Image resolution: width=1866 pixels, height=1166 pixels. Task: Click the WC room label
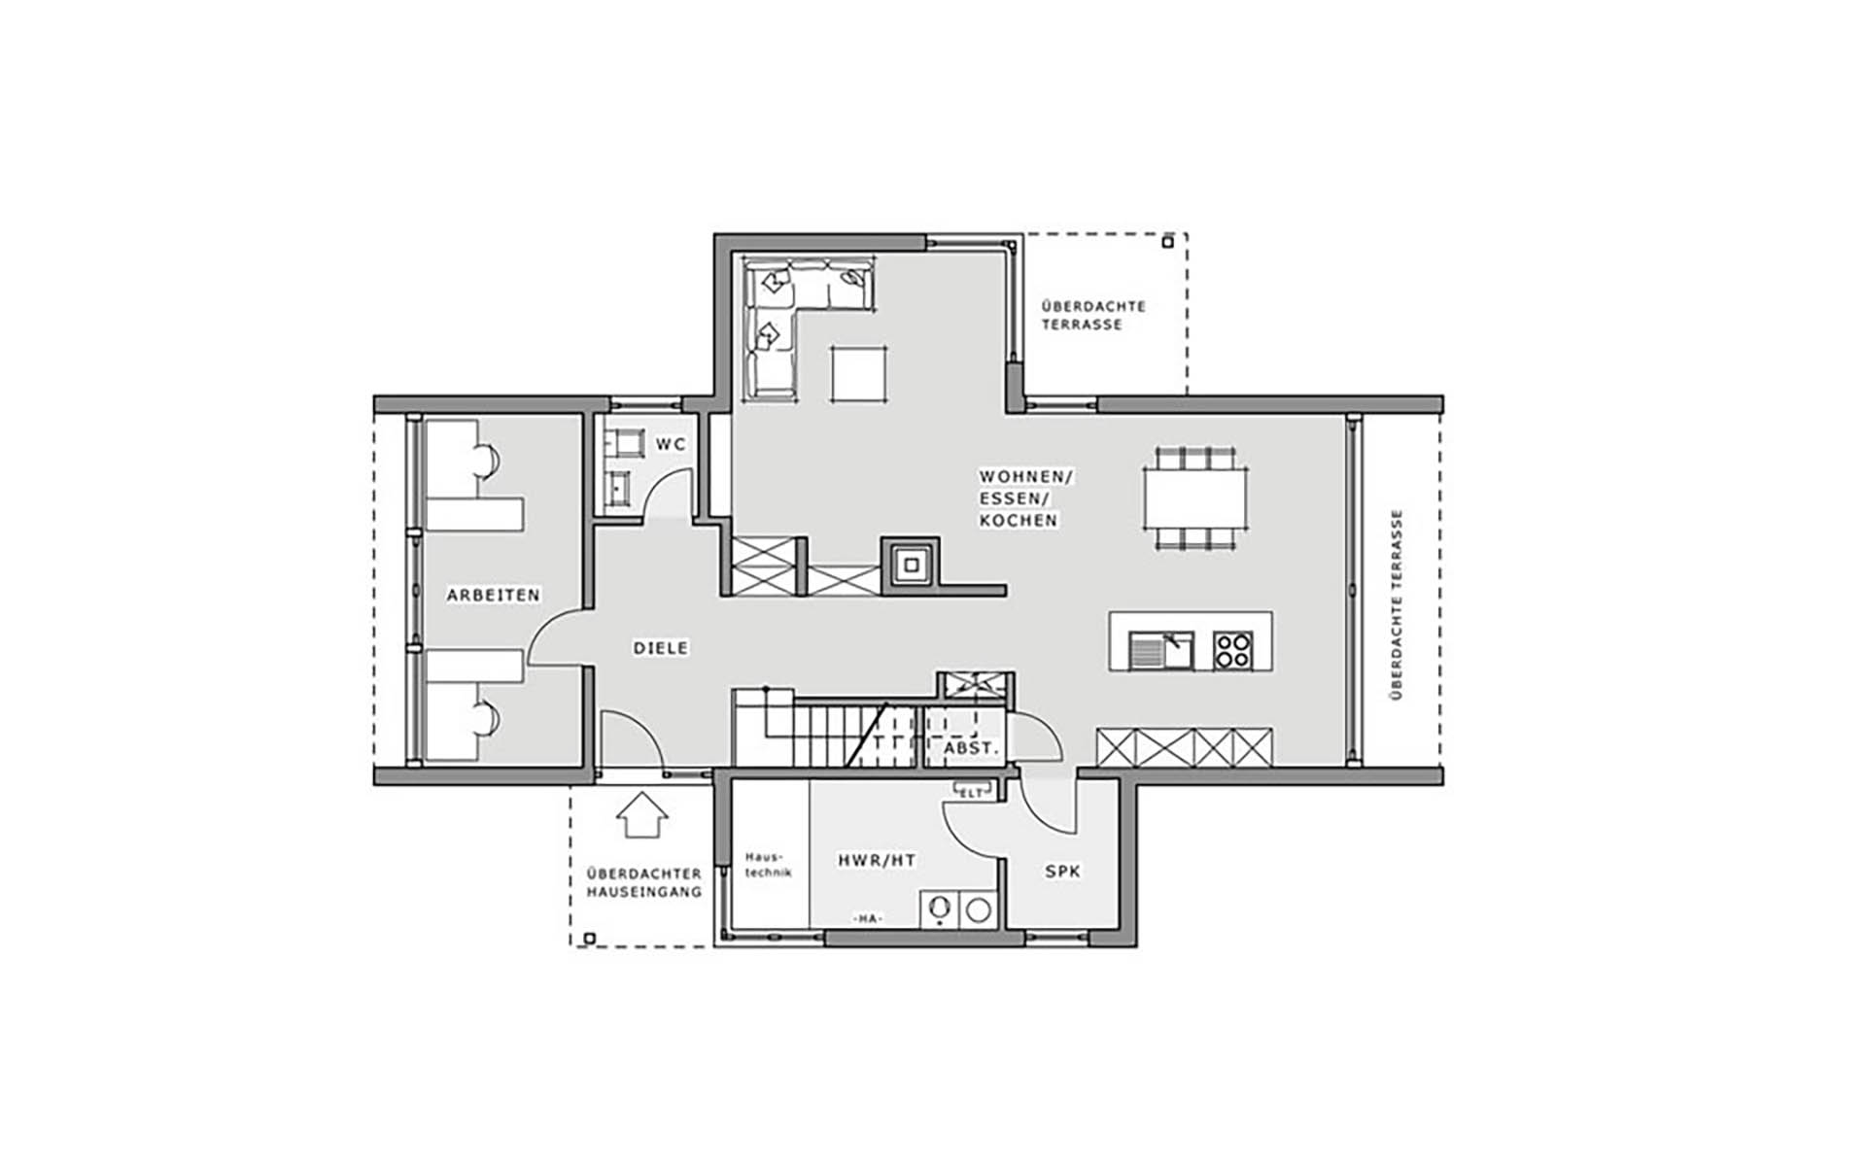point(671,444)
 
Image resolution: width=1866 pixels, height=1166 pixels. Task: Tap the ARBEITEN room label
point(493,595)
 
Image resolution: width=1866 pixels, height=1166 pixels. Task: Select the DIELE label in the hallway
point(661,647)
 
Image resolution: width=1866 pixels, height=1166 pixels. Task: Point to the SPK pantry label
point(1062,872)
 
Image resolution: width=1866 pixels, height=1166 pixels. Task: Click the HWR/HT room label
point(877,860)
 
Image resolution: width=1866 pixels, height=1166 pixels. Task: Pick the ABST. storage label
point(971,748)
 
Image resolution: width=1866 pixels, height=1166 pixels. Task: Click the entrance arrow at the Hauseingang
point(642,815)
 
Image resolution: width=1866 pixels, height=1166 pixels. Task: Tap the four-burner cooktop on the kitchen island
point(1233,650)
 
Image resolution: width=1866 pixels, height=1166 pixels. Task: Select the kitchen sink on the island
point(1161,650)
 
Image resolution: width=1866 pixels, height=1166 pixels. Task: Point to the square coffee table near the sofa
point(859,373)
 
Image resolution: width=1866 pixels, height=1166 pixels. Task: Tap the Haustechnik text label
point(768,865)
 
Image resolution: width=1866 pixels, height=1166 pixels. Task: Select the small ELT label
point(971,793)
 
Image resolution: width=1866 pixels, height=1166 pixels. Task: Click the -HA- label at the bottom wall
point(867,918)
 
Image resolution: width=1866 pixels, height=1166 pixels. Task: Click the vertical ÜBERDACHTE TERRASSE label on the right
point(1397,604)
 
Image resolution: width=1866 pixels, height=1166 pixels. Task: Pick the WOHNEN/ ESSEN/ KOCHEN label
point(1025,498)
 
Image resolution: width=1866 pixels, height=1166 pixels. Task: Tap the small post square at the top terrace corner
point(1168,242)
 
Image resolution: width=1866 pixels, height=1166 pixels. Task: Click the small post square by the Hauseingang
point(589,938)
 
